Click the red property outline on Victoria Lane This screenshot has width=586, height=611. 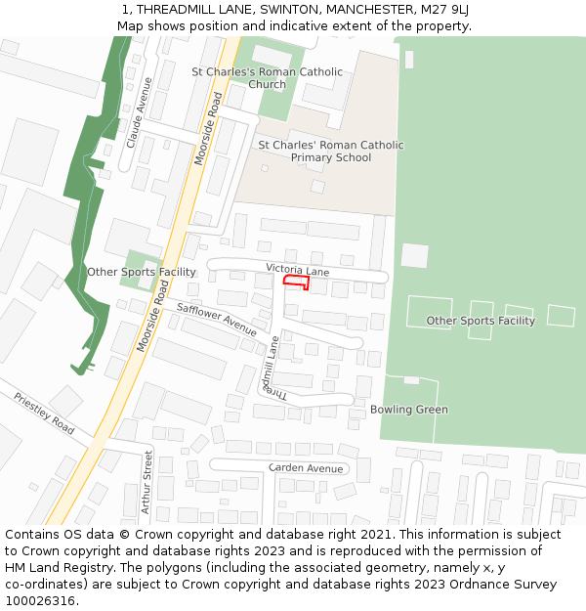coord(297,283)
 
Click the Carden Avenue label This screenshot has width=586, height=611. coord(306,468)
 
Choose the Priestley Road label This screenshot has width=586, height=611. coord(44,414)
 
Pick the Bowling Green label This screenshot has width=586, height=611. coord(408,410)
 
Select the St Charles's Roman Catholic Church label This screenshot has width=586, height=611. coord(267,78)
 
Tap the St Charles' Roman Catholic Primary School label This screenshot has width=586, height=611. coord(330,152)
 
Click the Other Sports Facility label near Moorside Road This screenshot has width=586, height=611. coord(142,272)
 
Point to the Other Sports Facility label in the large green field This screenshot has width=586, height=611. coord(481,321)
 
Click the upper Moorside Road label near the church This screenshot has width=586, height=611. coord(212,127)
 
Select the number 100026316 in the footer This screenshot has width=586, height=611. coord(39,601)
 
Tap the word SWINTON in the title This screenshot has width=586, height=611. coord(289,9)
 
